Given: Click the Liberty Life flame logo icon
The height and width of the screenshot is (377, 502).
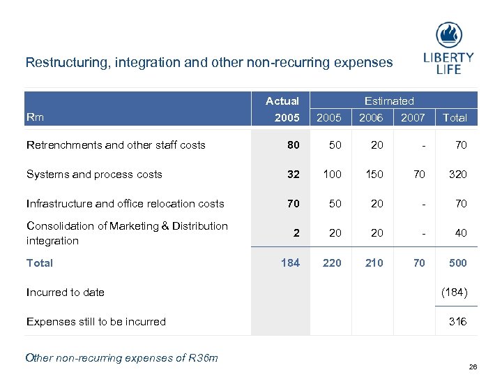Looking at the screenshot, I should coord(449,35).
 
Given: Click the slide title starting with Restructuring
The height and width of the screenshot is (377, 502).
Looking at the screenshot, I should coord(208,62).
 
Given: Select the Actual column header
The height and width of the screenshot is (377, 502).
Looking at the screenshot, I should coord(282,101).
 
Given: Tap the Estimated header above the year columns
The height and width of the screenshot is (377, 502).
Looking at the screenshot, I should coord(389,101).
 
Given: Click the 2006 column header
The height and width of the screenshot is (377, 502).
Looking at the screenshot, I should coord(371,118).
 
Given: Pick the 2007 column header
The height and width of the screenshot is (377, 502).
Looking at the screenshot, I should coord(413,118).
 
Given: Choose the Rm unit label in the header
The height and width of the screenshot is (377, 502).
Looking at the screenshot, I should coord(35,117).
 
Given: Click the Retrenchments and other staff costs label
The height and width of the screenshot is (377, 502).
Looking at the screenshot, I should coord(116,145).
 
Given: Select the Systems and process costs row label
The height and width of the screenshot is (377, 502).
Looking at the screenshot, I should coord(94,175).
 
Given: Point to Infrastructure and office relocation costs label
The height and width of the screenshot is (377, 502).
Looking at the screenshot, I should coord(125,204).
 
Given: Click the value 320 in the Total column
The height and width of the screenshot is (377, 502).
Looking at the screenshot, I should coord(457,175).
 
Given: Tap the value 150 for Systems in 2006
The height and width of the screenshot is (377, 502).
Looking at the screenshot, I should coord(374,175).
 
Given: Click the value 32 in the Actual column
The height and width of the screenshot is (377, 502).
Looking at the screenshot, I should coord(293,175).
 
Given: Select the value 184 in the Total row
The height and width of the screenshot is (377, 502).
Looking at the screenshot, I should coord(290,263).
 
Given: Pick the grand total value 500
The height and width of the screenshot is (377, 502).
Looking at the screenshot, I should coord(457,263).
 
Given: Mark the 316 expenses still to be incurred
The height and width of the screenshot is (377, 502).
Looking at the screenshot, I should coord(457,322).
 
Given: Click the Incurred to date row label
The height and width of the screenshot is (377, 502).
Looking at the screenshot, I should coord(66,293).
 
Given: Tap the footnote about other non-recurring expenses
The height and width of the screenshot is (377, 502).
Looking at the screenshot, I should coord(121,358).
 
